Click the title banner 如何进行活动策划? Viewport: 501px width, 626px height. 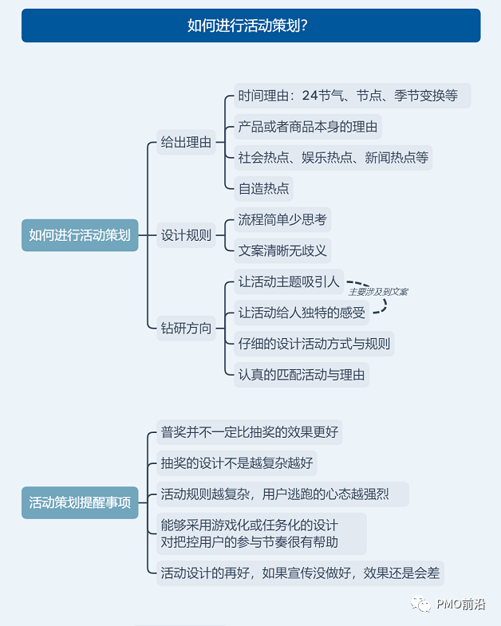[x=250, y=26]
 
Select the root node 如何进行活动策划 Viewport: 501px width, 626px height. [x=80, y=235]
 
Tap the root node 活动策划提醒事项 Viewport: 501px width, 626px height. [x=80, y=503]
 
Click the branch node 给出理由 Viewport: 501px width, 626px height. [x=186, y=143]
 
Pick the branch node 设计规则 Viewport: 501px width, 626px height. [x=186, y=235]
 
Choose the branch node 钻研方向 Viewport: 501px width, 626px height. [x=186, y=328]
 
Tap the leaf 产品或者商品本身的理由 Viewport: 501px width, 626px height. [x=307, y=127]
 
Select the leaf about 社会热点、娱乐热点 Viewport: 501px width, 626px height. [x=333, y=157]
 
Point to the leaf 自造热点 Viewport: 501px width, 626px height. [x=263, y=189]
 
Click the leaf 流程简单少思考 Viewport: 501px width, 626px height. [x=282, y=219]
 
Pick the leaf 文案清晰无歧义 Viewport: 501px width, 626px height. [x=282, y=250]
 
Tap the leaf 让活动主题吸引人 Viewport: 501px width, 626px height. [x=289, y=282]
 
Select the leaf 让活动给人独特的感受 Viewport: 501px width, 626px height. [x=302, y=313]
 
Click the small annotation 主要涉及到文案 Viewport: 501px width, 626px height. [x=378, y=292]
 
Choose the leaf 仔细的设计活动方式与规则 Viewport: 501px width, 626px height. [x=314, y=344]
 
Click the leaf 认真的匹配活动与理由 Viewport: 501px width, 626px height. [x=302, y=375]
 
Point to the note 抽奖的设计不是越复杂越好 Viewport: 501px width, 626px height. [x=238, y=463]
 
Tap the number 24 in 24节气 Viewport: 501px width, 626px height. [x=310, y=96]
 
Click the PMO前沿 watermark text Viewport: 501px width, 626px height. [x=460, y=605]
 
